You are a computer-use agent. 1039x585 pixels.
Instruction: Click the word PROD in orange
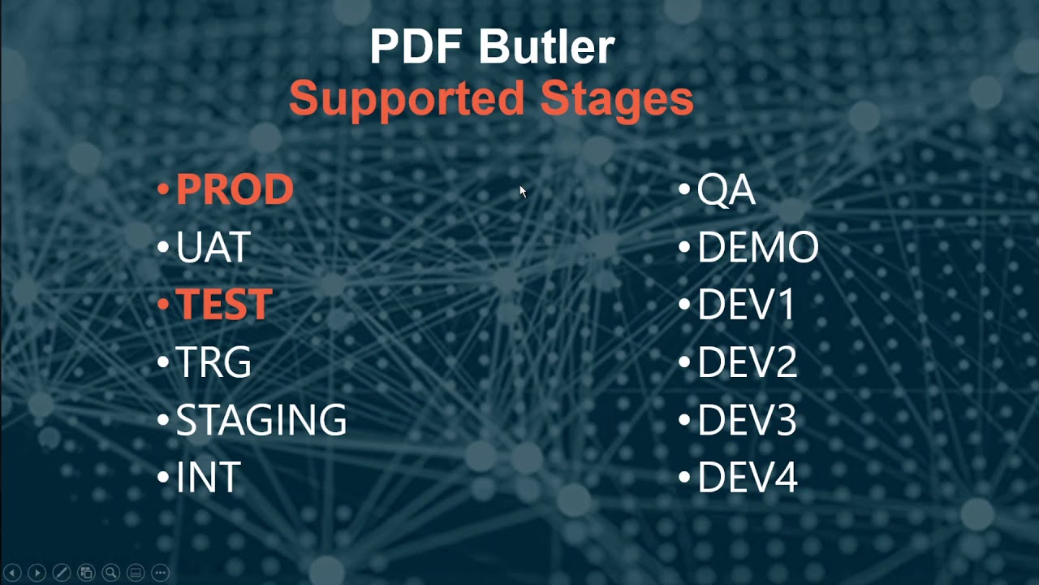coord(234,190)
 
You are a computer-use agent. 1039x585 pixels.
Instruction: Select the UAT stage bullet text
coord(213,248)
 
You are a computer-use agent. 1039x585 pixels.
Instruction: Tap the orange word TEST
coord(223,305)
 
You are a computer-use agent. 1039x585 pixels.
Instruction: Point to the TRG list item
coord(213,362)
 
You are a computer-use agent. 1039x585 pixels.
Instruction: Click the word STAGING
coord(261,420)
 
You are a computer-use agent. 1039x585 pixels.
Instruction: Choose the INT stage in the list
coord(209,478)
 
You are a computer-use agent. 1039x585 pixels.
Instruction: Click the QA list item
coord(726,190)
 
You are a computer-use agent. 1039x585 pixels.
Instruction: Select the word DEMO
coord(758,248)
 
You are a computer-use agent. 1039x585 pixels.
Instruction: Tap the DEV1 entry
coord(746,305)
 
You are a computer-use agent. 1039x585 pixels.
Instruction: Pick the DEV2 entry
coord(748,362)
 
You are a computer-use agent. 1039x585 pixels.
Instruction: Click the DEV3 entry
coord(748,420)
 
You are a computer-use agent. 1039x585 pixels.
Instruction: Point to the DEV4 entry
coord(748,478)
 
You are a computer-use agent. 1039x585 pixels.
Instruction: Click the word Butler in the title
coord(546,47)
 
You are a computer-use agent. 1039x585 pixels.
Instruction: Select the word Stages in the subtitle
coord(617,99)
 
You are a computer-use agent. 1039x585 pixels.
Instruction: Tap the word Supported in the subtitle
coord(407,99)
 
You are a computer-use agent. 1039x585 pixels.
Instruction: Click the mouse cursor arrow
coord(522,191)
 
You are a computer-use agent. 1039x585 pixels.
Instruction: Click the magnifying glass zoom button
coord(110,572)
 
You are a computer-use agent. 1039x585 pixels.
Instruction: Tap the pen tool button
coord(61,572)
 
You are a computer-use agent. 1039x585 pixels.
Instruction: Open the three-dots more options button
coord(160,572)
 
